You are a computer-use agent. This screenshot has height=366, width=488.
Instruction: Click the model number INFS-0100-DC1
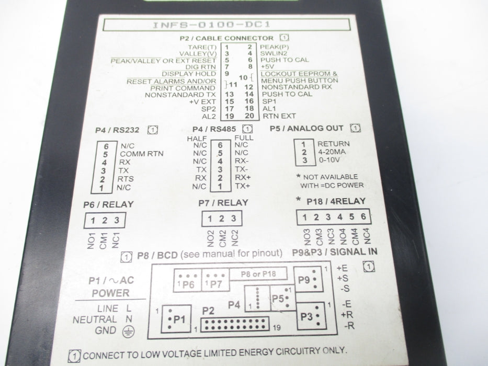(211, 25)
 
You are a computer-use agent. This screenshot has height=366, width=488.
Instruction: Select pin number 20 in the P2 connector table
(249, 116)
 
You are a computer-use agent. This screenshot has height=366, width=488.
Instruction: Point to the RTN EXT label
(279, 116)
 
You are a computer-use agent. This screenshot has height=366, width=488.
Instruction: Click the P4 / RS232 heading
(117, 130)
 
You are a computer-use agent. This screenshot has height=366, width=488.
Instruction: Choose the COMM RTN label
(142, 154)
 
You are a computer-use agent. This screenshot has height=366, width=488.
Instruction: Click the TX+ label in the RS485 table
(243, 186)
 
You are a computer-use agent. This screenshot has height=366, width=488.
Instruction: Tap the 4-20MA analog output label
(332, 152)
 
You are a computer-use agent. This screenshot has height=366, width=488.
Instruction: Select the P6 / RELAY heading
(108, 204)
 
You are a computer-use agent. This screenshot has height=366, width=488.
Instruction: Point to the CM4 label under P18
(355, 236)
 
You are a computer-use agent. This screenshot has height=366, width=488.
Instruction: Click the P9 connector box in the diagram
(308, 279)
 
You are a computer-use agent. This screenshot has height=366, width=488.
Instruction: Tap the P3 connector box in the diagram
(312, 316)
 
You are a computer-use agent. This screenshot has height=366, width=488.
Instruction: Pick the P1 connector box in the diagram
(176, 319)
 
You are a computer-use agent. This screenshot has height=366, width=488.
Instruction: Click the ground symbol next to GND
(128, 332)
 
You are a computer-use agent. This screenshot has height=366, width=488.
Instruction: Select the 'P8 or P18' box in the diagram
(258, 274)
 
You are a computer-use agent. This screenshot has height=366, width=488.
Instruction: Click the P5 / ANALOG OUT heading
(307, 128)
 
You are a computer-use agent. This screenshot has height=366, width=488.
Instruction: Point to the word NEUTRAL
(95, 319)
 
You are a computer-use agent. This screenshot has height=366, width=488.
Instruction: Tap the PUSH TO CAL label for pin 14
(287, 94)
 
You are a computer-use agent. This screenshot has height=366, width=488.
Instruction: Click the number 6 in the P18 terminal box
(363, 216)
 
